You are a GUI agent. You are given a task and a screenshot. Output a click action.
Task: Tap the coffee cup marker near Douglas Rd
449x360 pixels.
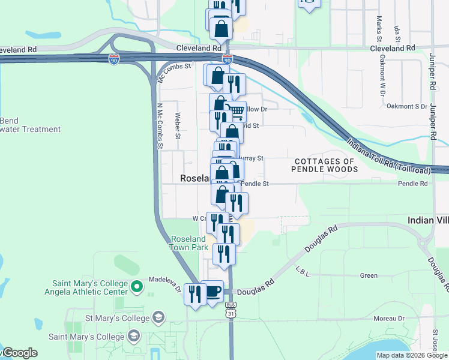tap(212, 292)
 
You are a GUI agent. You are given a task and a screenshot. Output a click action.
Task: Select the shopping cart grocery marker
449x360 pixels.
tap(236, 111)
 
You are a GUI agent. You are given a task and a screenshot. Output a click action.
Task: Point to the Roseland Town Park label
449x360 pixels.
tap(189, 243)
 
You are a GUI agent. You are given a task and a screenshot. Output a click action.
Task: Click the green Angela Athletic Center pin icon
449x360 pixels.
tap(137, 286)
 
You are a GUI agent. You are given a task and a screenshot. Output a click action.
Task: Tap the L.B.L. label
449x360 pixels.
tap(303, 273)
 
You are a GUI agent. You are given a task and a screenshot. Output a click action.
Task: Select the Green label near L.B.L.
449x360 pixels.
tap(368, 275)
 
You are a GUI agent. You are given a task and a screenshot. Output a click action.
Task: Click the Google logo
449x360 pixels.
tap(20, 353)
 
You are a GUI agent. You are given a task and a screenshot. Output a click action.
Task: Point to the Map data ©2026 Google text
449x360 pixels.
tap(411, 355)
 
